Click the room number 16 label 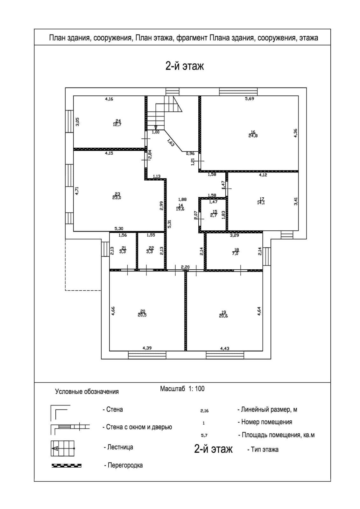[x=253, y=132]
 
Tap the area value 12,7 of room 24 [x=117, y=124]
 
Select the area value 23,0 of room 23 [x=116, y=198]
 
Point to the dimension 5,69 [x=250, y=99]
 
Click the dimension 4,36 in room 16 [x=295, y=133]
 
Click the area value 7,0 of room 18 [x=235, y=254]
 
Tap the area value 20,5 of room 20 [x=142, y=315]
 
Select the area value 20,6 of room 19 [x=223, y=316]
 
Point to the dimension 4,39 [x=147, y=348]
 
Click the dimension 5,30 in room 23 [x=119, y=228]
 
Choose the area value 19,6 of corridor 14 [x=180, y=209]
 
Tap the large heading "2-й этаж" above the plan [x=185, y=66]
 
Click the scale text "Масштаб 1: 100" [x=182, y=389]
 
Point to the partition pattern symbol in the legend [x=67, y=466]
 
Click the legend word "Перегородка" [x=125, y=465]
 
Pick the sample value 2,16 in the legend [x=204, y=411]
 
